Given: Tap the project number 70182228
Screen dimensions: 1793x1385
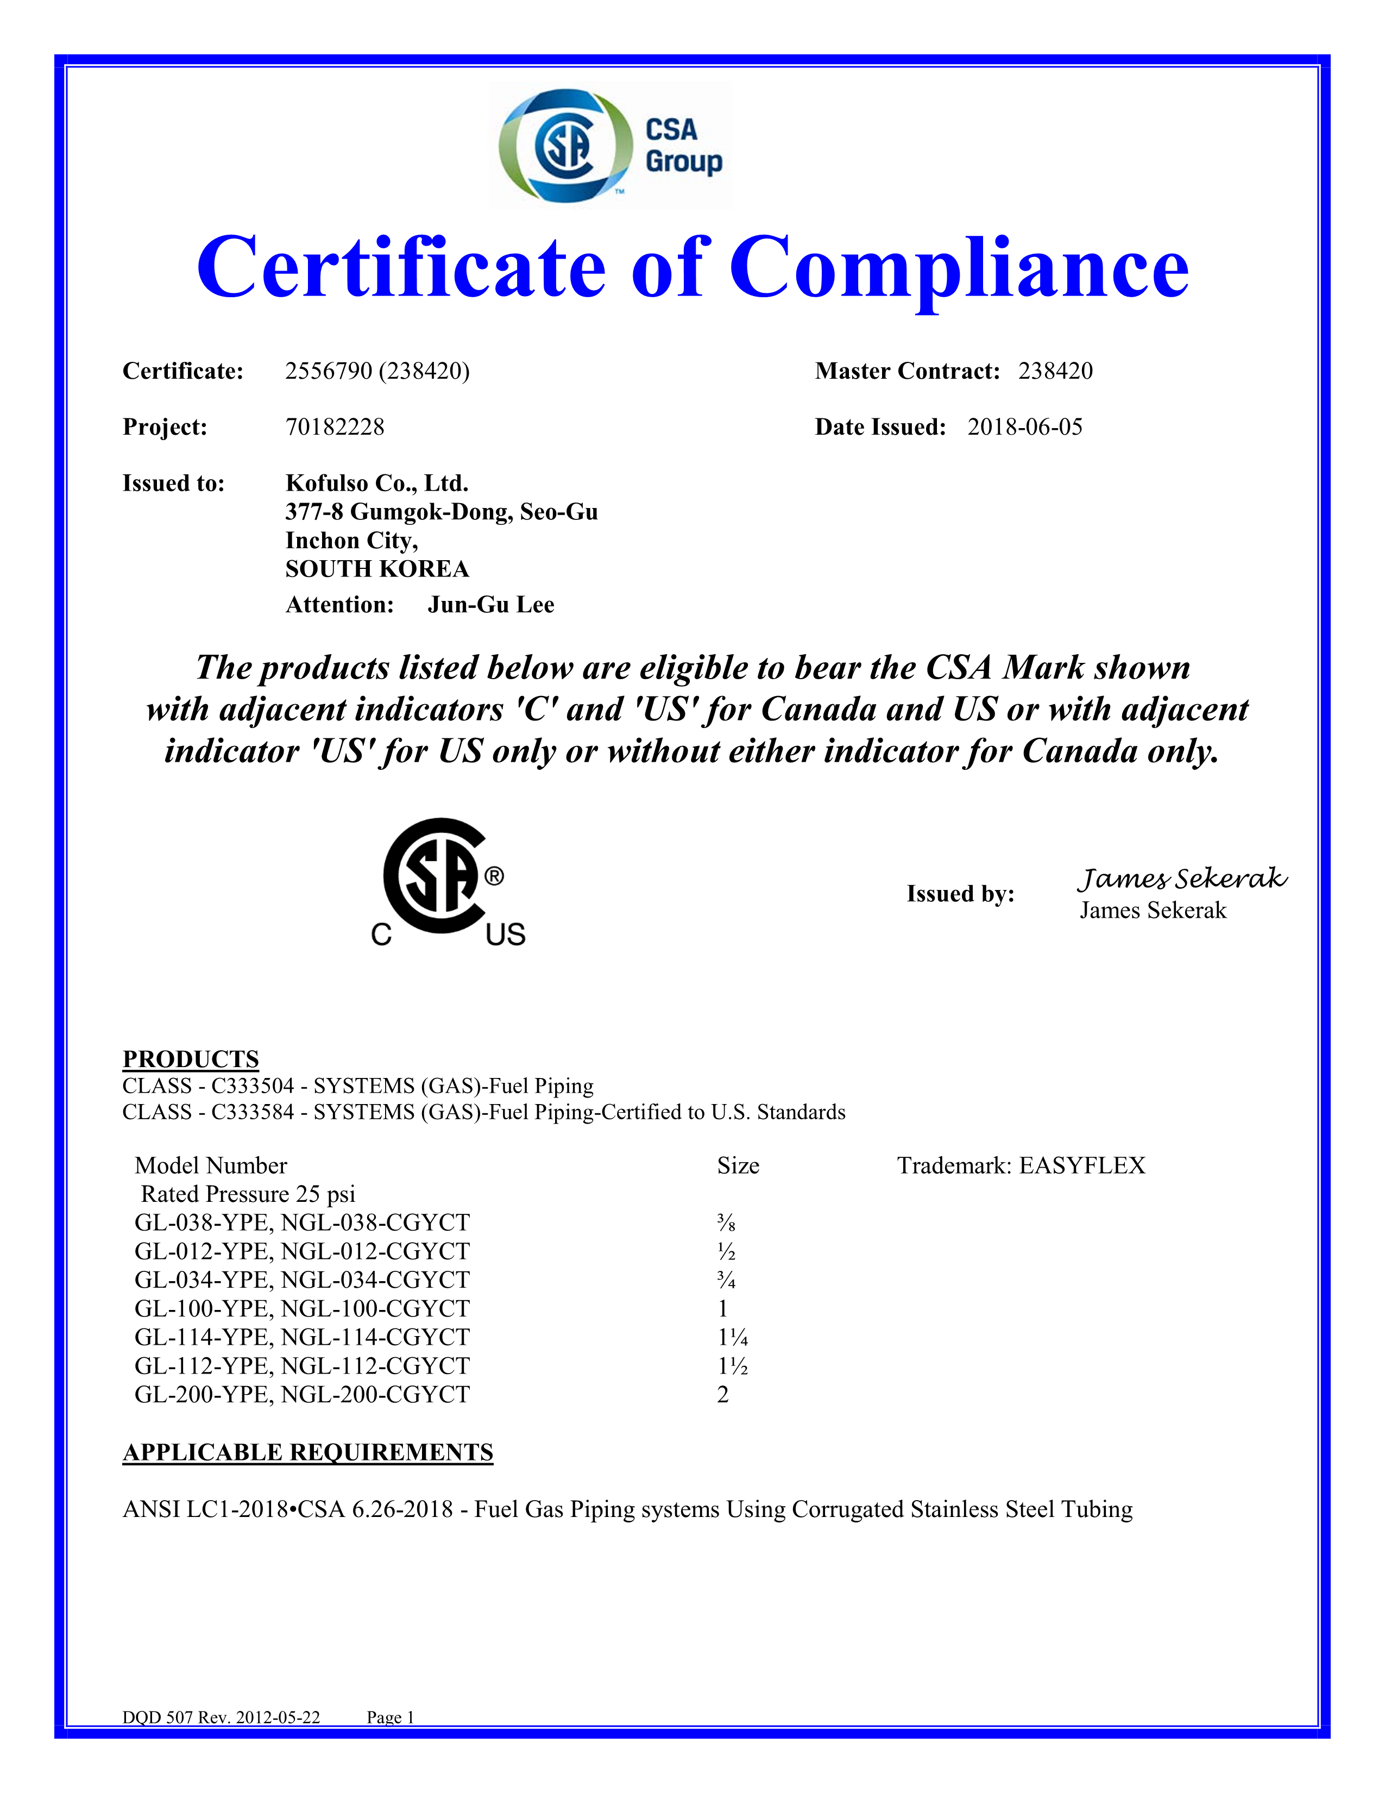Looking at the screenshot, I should [335, 427].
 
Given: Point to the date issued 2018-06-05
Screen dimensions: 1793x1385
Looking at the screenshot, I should [1025, 427].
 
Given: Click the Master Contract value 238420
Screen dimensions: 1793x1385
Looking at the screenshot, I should [1055, 371].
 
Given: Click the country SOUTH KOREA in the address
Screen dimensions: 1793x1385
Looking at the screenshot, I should [376, 569].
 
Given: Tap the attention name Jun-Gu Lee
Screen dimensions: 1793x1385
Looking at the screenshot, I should [490, 605].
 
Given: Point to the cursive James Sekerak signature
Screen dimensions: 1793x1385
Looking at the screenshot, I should [1181, 879].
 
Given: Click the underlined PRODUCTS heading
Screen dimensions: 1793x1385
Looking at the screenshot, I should [190, 1059].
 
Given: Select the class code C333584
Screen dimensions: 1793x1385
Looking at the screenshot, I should [253, 1112].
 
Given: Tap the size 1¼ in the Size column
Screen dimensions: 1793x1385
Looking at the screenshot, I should [733, 1337].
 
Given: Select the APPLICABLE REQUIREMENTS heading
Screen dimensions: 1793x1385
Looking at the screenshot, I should [307, 1452].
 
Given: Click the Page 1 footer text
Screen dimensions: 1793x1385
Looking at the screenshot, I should [391, 1717].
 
